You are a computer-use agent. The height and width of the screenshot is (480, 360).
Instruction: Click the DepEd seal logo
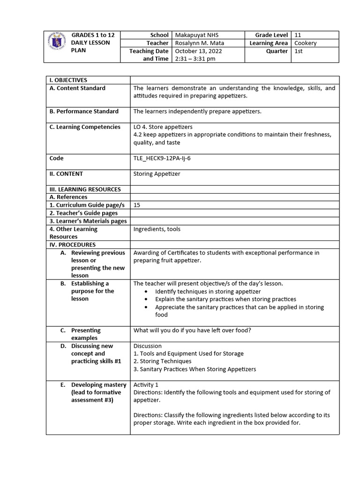click(57, 46)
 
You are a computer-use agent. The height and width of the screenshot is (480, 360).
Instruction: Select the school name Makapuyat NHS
click(196, 35)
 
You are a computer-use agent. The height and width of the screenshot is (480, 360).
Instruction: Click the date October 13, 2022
click(198, 51)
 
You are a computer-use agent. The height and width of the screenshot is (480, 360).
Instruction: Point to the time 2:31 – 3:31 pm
click(195, 59)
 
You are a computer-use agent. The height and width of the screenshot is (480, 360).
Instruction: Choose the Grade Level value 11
click(298, 35)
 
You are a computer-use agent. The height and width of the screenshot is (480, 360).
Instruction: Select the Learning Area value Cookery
click(305, 43)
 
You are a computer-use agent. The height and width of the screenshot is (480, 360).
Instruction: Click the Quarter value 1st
click(299, 51)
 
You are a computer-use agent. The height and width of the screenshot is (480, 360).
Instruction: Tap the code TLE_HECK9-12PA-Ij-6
click(162, 158)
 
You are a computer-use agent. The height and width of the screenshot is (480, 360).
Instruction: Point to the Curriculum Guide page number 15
click(137, 205)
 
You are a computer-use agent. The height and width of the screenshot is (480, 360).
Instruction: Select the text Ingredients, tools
click(157, 229)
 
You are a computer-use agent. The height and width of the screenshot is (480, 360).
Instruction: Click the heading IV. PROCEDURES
click(73, 245)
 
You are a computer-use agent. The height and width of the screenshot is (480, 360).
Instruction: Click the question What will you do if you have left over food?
click(192, 330)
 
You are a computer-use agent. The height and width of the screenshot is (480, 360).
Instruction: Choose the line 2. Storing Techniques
click(163, 361)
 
